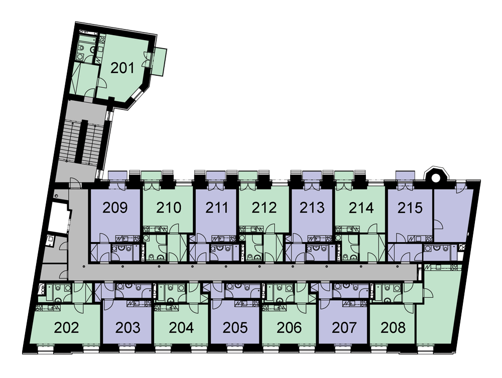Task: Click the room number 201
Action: (122, 68)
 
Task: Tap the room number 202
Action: (66, 328)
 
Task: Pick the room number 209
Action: (115, 208)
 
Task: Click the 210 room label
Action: (168, 208)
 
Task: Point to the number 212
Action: (264, 208)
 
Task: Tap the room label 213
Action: (312, 208)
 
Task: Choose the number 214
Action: (360, 208)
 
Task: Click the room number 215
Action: (409, 208)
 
